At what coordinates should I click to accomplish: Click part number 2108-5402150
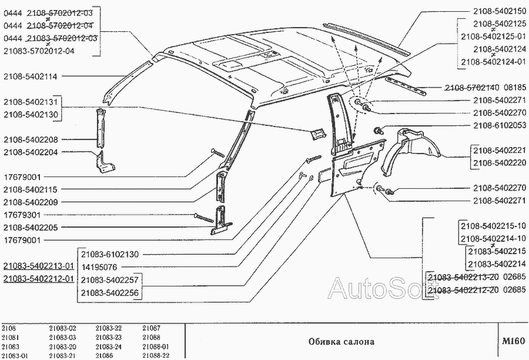(x=500, y=12)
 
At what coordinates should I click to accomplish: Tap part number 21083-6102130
(x=110, y=254)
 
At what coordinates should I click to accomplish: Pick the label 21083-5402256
(x=110, y=292)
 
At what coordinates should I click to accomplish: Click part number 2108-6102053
(x=500, y=126)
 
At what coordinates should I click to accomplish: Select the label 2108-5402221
(x=500, y=150)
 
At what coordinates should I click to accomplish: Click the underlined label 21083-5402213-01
(x=38, y=266)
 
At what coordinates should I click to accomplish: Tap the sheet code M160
(x=511, y=341)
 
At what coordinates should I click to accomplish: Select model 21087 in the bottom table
(x=151, y=328)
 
